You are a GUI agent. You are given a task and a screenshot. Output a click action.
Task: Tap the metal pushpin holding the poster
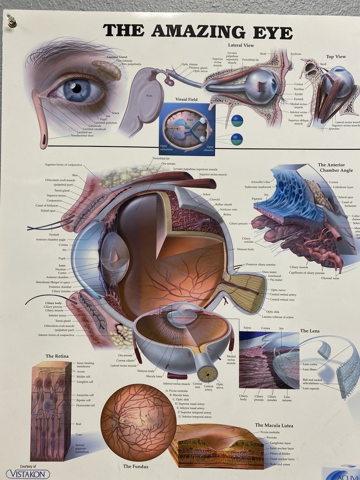(x=11, y=21)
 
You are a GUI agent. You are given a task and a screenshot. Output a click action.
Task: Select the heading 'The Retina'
(x=57, y=356)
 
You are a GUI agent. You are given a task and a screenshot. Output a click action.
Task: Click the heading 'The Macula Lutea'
(x=274, y=425)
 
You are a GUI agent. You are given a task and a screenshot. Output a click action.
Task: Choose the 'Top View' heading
(x=336, y=57)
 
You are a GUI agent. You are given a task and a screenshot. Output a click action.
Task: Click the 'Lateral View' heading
(x=241, y=45)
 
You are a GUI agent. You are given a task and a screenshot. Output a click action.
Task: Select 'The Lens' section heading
(x=310, y=331)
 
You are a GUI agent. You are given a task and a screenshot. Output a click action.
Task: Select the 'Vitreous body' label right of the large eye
(x=245, y=250)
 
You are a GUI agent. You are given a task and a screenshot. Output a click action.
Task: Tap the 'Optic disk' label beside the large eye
(x=273, y=312)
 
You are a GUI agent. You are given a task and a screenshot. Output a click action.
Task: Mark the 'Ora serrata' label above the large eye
(x=168, y=164)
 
